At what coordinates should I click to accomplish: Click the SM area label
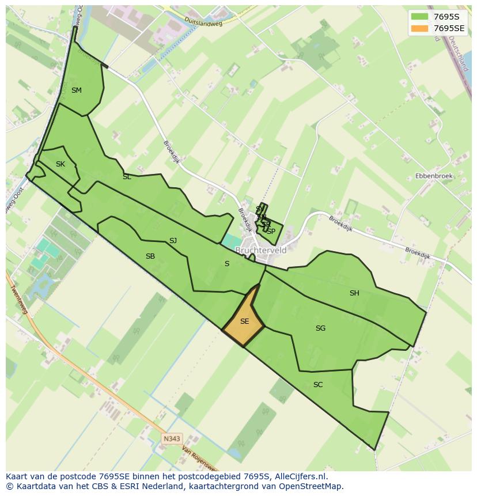click(x=76, y=90)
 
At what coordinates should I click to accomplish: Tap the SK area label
click(x=60, y=165)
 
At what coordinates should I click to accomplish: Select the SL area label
click(x=127, y=177)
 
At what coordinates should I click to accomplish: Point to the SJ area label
click(x=173, y=241)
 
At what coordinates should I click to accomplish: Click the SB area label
click(x=150, y=256)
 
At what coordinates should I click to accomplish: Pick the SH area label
click(x=354, y=293)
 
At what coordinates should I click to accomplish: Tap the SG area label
click(x=320, y=328)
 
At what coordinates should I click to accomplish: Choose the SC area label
click(x=318, y=385)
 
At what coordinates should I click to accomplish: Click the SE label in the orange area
click(x=244, y=321)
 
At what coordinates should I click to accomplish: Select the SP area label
click(x=271, y=231)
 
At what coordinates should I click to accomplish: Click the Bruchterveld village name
click(x=261, y=251)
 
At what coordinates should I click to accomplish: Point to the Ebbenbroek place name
click(x=434, y=176)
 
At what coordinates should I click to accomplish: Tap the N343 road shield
click(x=171, y=438)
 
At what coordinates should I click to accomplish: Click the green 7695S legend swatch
click(x=420, y=16)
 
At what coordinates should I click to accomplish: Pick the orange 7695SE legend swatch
click(x=420, y=28)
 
